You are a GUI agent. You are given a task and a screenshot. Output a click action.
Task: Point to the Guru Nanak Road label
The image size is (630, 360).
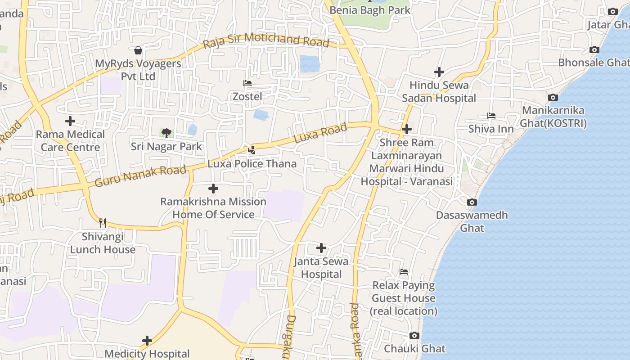140,176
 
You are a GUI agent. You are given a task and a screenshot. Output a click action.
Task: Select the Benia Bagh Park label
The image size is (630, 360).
370,10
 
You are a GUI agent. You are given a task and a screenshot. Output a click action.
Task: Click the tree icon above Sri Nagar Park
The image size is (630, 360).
166,133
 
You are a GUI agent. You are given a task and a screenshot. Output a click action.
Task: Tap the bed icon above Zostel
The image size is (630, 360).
247,83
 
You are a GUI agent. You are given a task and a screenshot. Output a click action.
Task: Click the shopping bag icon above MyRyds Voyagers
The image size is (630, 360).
138,50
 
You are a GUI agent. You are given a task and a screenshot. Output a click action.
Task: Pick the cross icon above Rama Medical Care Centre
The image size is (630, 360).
70,121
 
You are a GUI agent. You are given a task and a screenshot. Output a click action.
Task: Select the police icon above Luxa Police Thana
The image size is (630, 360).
252,150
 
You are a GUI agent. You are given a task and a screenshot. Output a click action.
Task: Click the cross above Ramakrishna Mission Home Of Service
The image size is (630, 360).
213,189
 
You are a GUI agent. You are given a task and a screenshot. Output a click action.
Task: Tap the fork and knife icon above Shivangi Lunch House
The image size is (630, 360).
103,223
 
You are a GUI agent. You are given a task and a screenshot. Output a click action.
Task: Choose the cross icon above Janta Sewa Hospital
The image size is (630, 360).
321,248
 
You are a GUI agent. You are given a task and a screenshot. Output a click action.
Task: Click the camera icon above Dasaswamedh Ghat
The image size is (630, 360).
472,202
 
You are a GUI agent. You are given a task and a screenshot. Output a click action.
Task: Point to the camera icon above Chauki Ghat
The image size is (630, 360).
414,335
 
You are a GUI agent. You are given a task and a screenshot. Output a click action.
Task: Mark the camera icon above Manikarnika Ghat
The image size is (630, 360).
553,97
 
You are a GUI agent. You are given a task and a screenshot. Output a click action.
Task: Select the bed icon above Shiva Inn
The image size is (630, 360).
491,116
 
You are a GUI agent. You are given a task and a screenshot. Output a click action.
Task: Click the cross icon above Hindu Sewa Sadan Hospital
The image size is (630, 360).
439,72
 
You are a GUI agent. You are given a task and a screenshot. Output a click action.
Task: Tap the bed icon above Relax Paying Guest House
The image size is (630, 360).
404,272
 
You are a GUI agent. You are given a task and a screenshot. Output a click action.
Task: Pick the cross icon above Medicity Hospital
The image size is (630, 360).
147,341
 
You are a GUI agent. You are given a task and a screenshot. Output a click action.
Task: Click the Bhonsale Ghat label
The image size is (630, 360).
594,63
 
